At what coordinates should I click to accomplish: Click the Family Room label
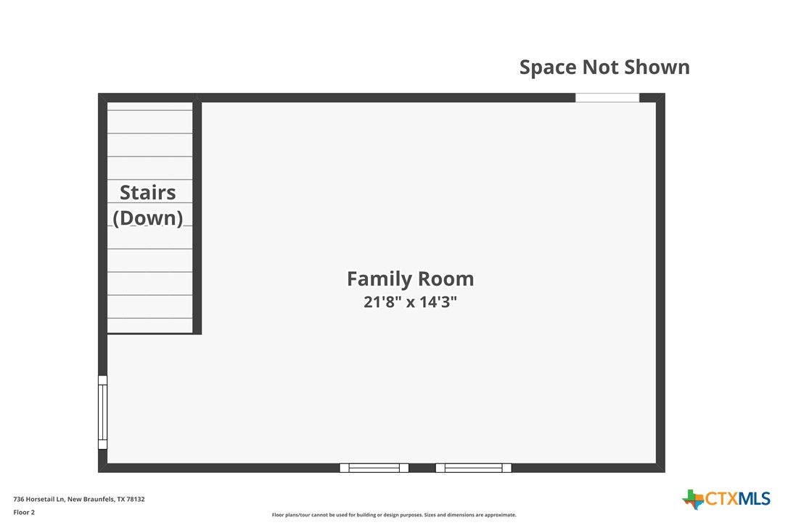click(410, 279)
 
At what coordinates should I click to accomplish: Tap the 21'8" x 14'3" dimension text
click(410, 302)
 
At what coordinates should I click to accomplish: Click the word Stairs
click(148, 192)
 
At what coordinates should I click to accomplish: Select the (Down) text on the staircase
click(148, 218)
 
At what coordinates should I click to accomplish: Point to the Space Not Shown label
click(604, 67)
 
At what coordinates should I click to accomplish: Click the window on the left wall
click(102, 412)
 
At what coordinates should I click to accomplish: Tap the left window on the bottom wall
click(374, 468)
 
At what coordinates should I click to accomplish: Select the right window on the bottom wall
click(473, 468)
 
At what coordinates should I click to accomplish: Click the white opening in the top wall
click(607, 97)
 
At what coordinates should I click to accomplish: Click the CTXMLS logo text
click(738, 499)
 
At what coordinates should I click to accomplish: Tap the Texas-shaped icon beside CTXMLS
click(694, 500)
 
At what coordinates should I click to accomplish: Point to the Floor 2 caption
click(24, 513)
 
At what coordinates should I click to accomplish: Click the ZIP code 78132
click(136, 500)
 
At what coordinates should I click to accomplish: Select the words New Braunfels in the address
click(91, 500)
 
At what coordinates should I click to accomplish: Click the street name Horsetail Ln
click(45, 500)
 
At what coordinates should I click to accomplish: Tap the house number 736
click(19, 500)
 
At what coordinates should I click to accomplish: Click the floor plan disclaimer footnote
click(394, 515)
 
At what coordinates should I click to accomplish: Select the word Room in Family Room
click(446, 279)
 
